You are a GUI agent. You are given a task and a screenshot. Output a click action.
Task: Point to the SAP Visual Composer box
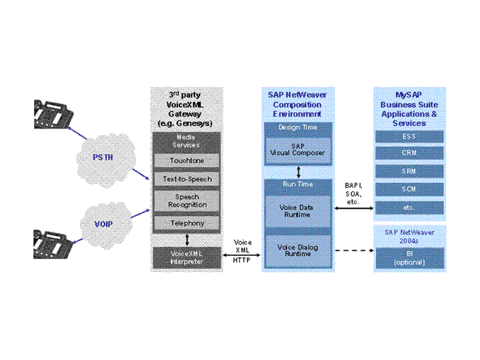297,149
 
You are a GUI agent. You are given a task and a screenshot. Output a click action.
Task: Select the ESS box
409,137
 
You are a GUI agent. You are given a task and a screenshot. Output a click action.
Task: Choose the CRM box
409,153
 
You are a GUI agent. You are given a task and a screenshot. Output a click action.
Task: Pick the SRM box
409,171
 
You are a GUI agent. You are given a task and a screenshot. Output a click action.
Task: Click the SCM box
409,189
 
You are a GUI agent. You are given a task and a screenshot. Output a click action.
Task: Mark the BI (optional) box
409,257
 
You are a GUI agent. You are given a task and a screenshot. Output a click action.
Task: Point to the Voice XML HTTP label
243,251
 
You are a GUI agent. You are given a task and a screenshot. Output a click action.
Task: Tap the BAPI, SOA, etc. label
353,193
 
